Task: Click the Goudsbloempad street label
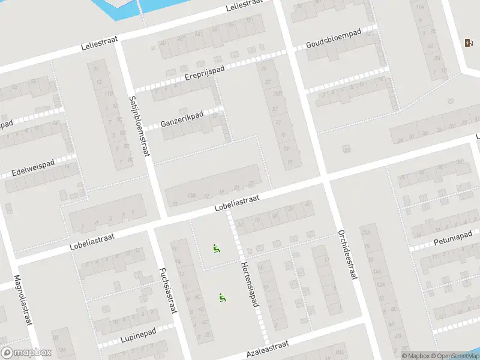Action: click(334, 39)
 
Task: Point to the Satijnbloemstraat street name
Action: click(139, 127)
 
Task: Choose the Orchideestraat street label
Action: click(347, 254)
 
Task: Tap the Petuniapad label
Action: click(453, 238)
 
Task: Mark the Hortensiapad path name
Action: click(249, 284)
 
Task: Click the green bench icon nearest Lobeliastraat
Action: click(216, 248)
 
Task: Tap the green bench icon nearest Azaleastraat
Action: click(222, 297)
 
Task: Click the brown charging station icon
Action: click(468, 43)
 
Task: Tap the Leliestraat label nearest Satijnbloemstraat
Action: click(100, 43)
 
